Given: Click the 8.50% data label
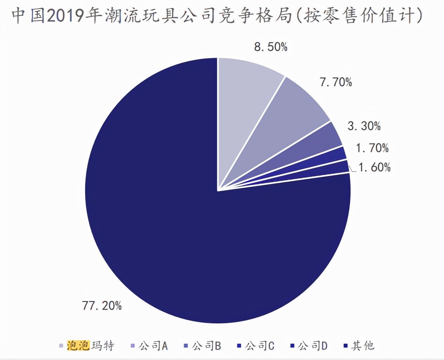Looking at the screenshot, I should [271, 47].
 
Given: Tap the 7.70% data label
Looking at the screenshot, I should [335, 82].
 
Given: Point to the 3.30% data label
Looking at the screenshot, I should [364, 126].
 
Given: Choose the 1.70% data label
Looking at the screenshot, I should [372, 148].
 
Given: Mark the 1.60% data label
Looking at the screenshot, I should [374, 167].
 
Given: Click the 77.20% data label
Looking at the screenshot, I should [102, 305].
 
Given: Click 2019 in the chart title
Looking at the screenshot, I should [65, 16].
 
